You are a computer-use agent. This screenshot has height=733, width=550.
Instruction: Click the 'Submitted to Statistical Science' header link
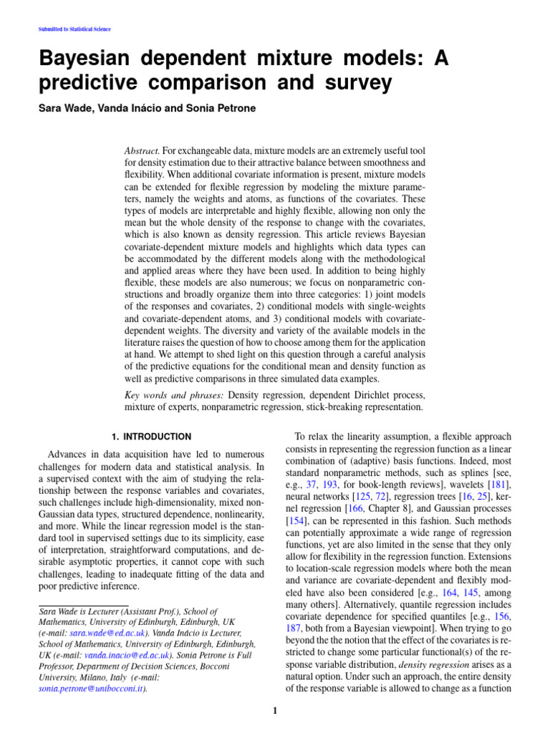pyautogui.click(x=73, y=29)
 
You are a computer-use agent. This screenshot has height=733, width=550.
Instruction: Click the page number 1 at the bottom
pyautogui.click(x=275, y=711)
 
